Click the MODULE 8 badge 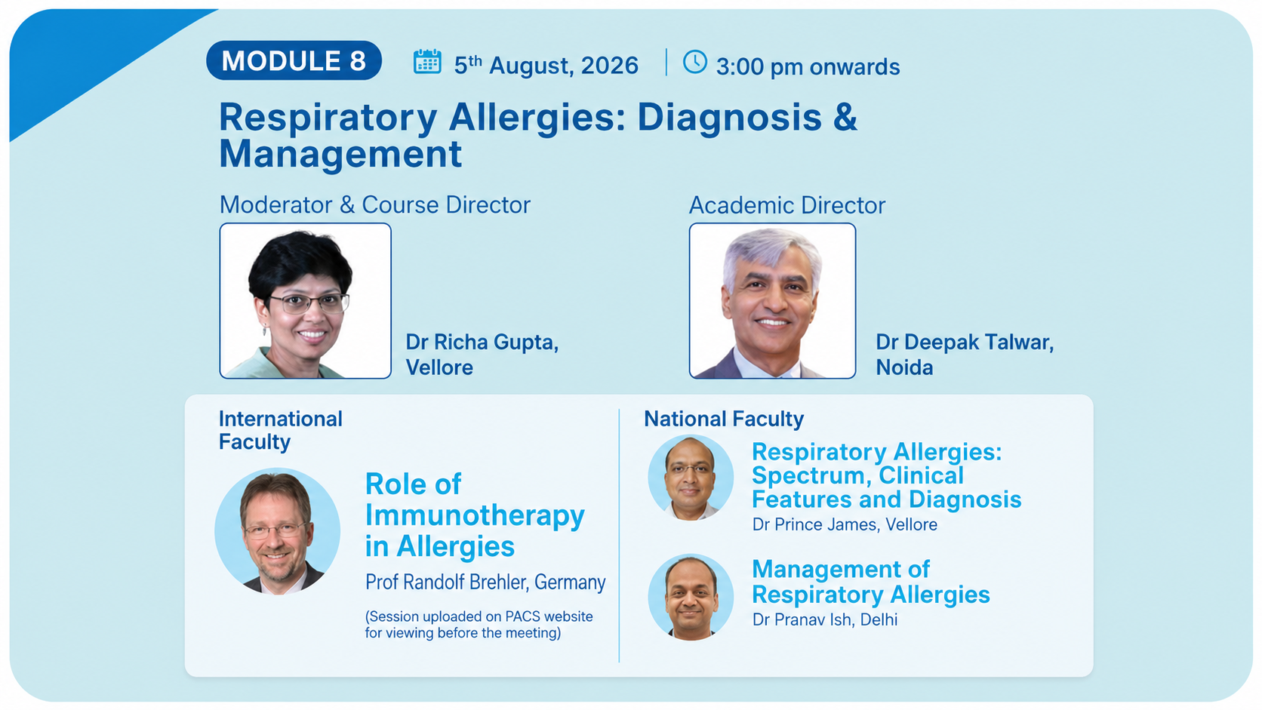click(294, 60)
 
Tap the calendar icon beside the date click(427, 61)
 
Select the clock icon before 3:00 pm click(694, 61)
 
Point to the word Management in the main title click(340, 154)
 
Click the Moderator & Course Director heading click(374, 205)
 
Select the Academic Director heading click(787, 205)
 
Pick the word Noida click(904, 367)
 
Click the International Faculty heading click(281, 430)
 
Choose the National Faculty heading click(724, 419)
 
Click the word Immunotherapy click(475, 516)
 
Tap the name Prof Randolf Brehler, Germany click(485, 582)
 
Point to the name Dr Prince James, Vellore click(845, 524)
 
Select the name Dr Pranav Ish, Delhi click(825, 619)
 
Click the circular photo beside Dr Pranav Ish click(691, 598)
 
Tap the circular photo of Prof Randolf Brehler click(277, 531)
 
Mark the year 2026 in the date click(610, 66)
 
